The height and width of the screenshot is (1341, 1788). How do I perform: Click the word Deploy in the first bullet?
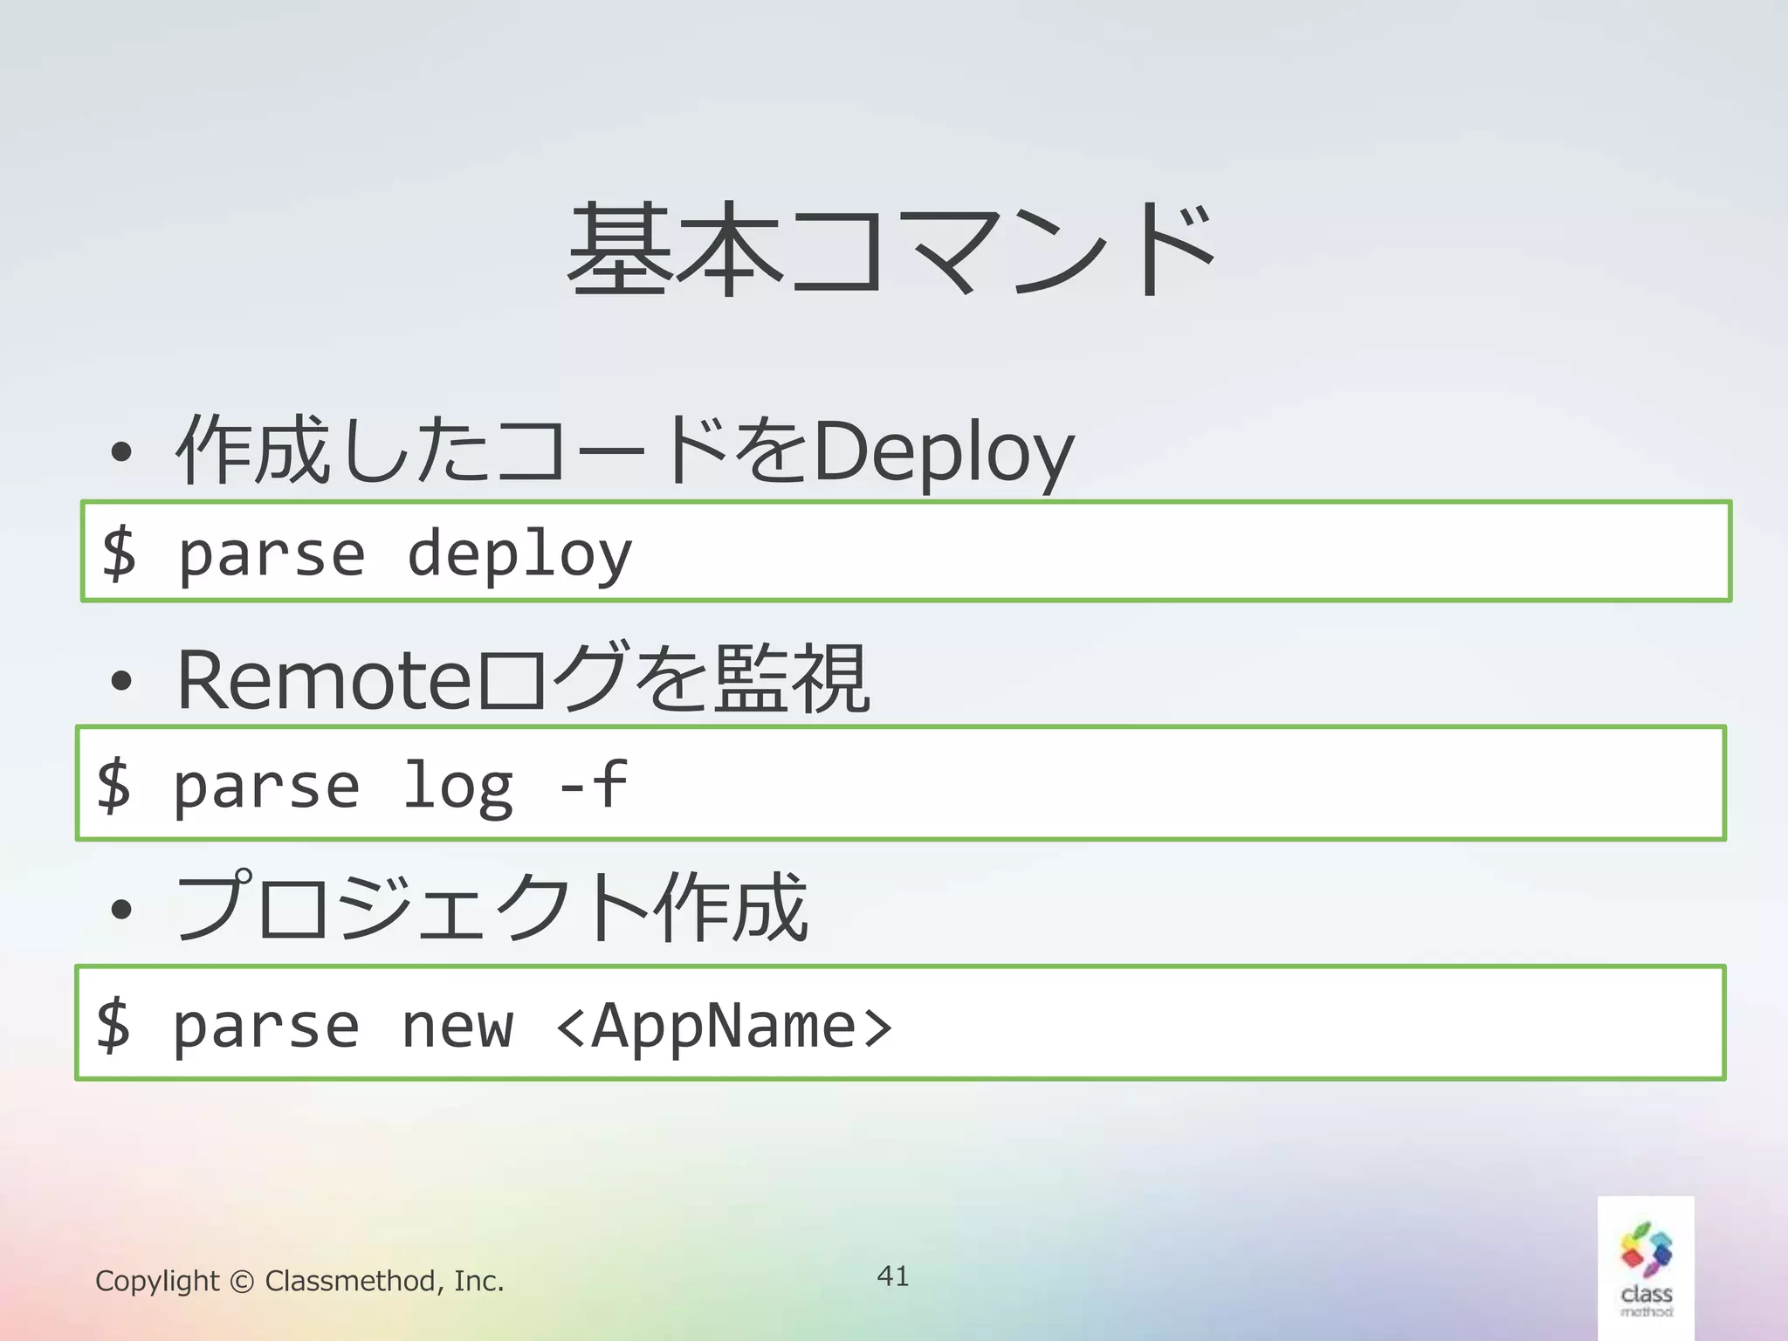943,452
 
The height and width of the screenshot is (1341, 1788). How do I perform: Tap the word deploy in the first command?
519,555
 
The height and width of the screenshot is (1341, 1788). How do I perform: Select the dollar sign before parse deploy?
119,552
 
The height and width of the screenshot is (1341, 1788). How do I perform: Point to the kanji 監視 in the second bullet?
791,679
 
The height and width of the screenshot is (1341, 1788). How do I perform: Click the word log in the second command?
457,786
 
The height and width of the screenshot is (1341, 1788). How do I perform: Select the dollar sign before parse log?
113,784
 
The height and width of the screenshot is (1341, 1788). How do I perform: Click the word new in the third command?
457,1027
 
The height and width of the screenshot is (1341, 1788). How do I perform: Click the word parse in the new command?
266,1027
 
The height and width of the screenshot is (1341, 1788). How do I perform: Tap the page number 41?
893,1276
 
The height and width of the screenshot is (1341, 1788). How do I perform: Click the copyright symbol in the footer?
242,1282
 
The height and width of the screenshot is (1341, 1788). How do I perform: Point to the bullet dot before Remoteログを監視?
121,682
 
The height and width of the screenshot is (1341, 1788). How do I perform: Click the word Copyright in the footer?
157,1281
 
